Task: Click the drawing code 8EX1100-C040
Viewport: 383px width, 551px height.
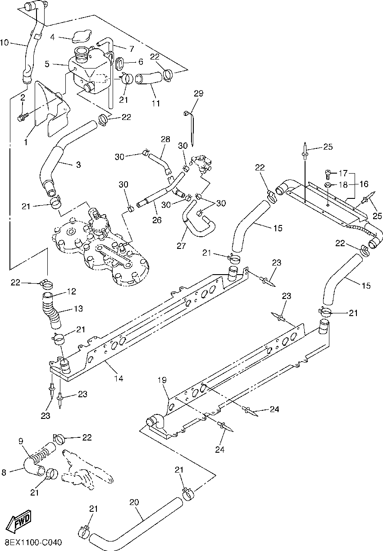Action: [x=33, y=542]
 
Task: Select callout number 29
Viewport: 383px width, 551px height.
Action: [x=199, y=94]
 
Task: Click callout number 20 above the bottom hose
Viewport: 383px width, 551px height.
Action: [x=134, y=502]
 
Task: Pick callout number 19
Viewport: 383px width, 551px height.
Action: [x=162, y=380]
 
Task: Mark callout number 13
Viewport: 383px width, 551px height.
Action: [x=78, y=309]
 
